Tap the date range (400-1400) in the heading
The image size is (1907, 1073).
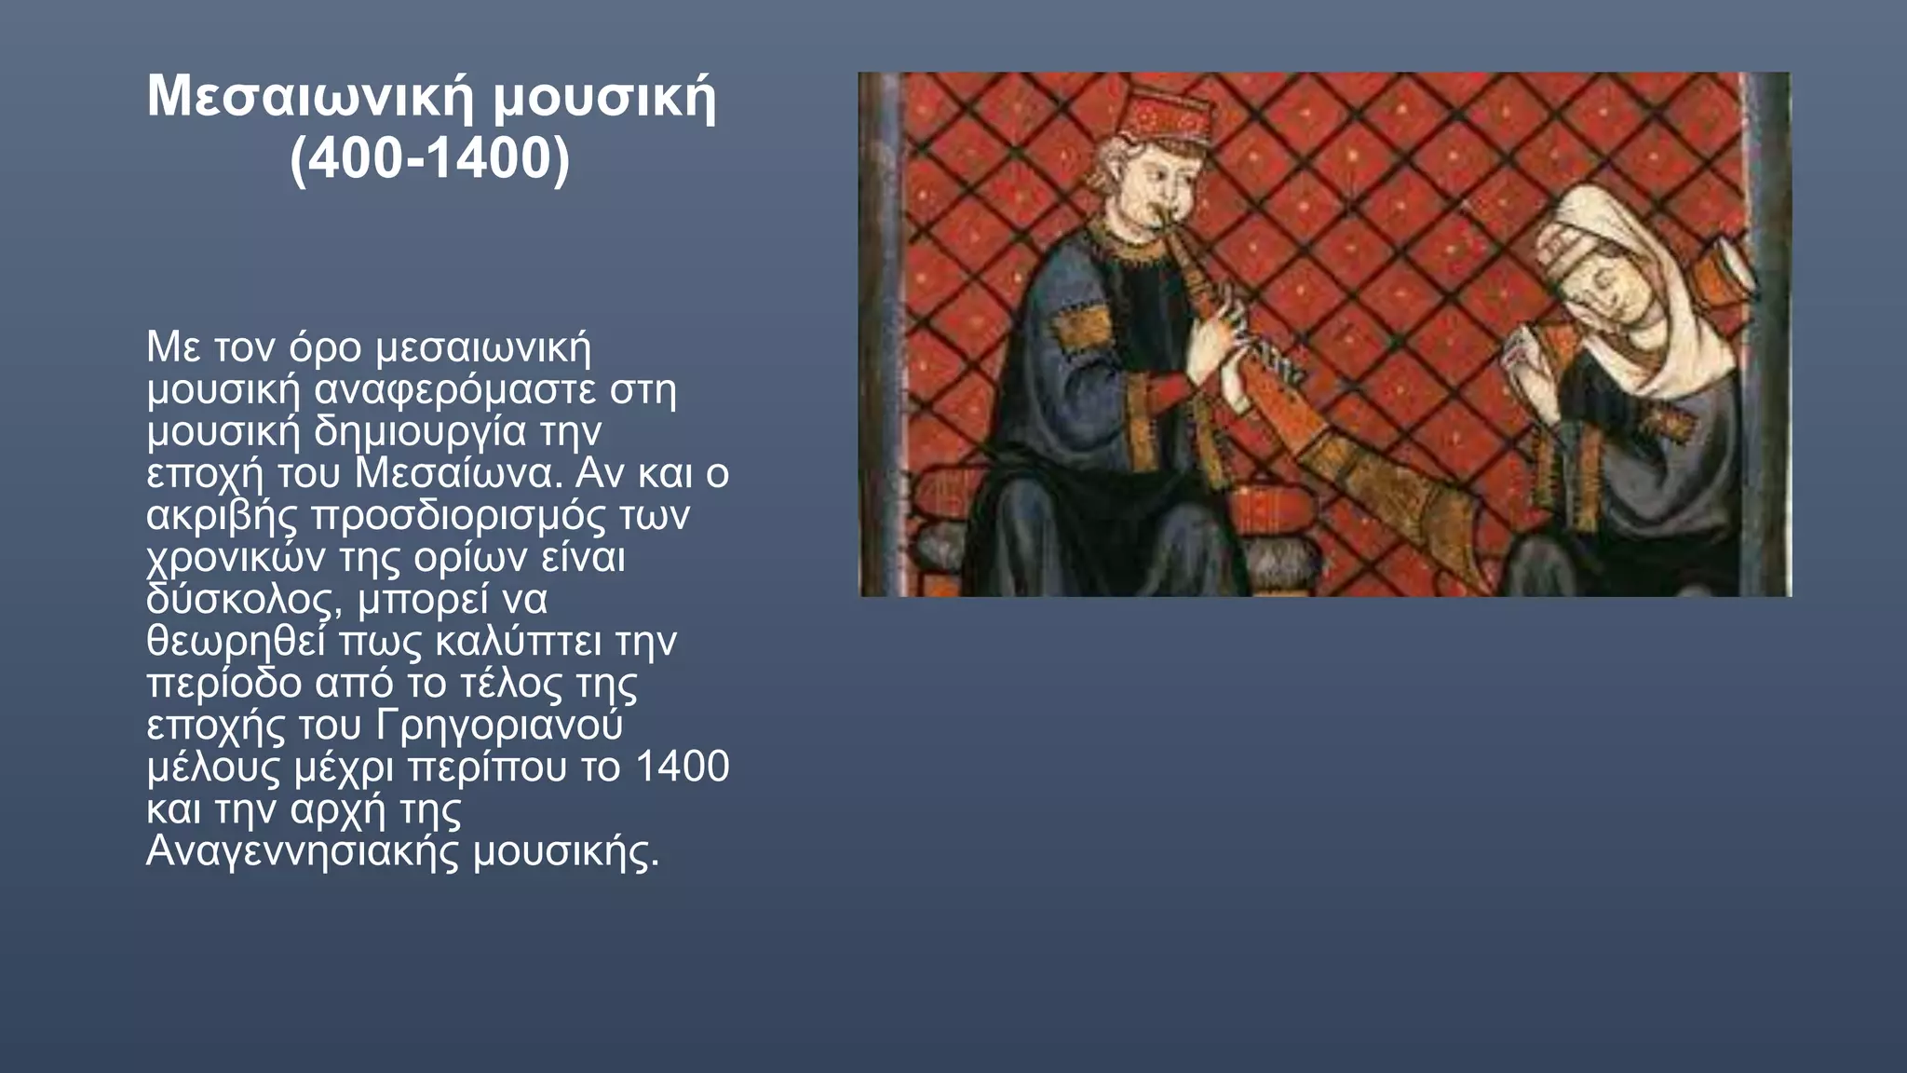pos(429,158)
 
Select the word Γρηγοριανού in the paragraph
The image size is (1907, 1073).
pos(499,725)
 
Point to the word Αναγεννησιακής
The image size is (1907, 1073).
pos(303,850)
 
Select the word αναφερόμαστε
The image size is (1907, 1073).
pos(454,389)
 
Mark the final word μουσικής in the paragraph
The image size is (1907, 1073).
pos(566,850)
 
